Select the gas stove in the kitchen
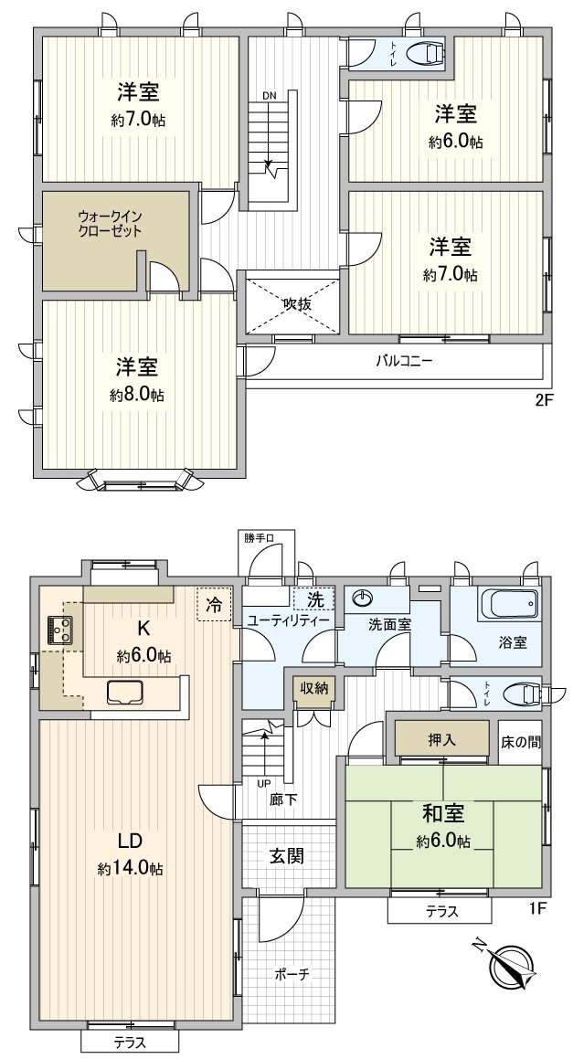tap(60, 630)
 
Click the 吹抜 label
tap(296, 303)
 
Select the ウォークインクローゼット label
tap(110, 224)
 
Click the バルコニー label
tap(404, 359)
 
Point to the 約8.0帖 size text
tap(137, 395)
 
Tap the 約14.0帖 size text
tap(131, 869)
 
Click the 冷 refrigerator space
tap(214, 604)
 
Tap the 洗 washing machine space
tap(314, 600)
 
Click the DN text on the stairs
tap(269, 95)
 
